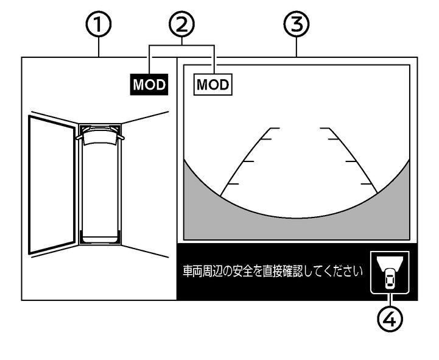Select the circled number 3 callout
[297, 26]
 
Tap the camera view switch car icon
[389, 272]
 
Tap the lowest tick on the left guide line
[233, 183]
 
